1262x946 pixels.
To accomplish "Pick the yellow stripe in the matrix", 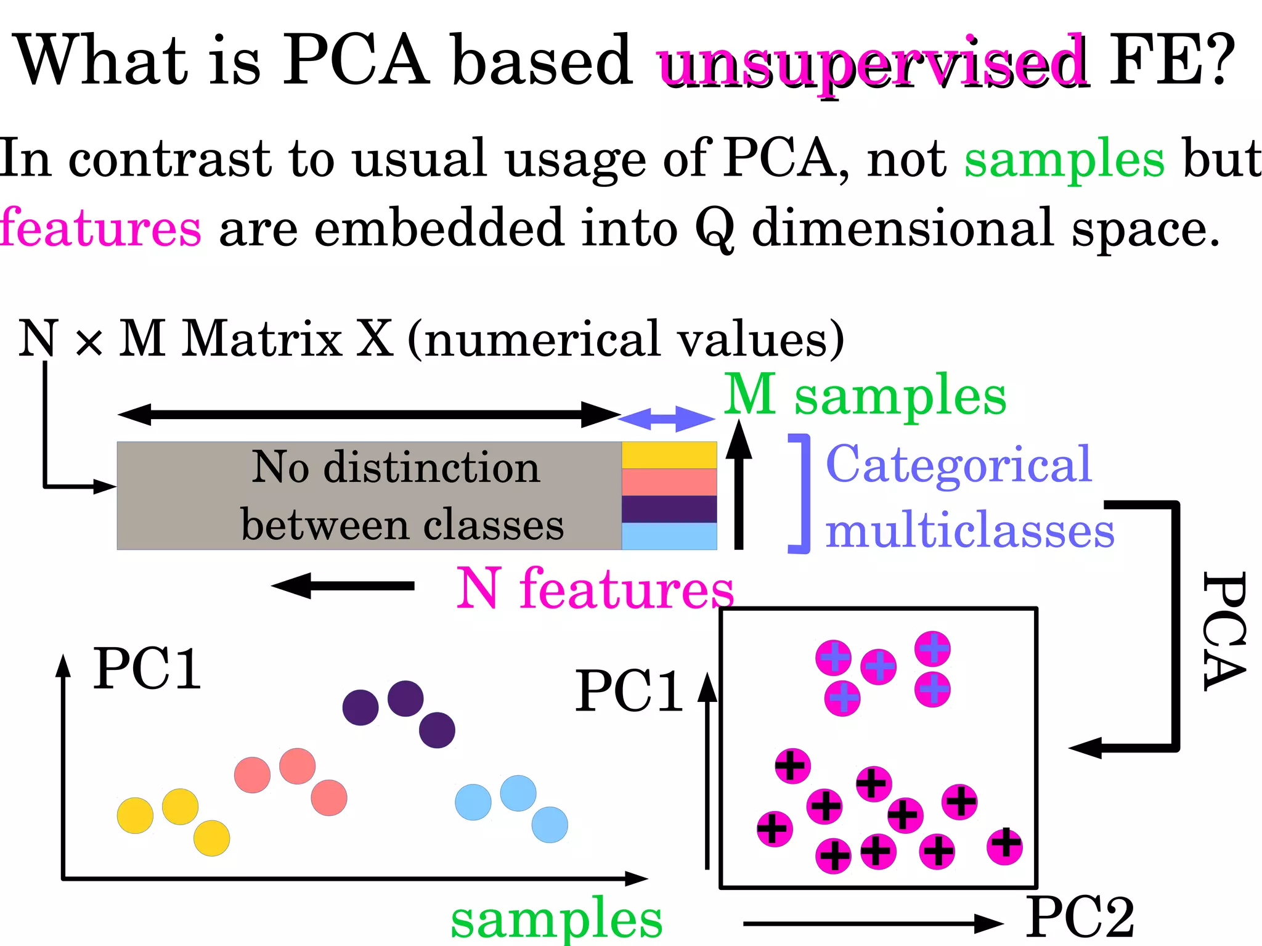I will (x=669, y=455).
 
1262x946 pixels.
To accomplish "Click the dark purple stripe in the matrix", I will (x=669, y=509).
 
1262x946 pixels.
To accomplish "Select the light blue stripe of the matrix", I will (x=669, y=536).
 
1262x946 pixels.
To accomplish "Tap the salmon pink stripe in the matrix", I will (x=669, y=482).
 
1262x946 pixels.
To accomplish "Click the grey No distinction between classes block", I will (x=370, y=495).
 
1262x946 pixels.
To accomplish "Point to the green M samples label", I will (x=865, y=396).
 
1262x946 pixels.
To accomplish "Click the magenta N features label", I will (x=595, y=589).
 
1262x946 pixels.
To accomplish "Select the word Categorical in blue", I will (x=958, y=465).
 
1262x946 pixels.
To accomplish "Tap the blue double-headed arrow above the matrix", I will (x=667, y=419).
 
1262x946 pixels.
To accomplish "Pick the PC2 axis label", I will (x=1080, y=918).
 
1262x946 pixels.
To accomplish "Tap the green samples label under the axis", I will (x=556, y=918).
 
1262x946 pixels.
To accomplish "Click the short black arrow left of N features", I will (x=343, y=585).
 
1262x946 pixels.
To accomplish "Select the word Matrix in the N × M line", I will (x=262, y=338).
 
